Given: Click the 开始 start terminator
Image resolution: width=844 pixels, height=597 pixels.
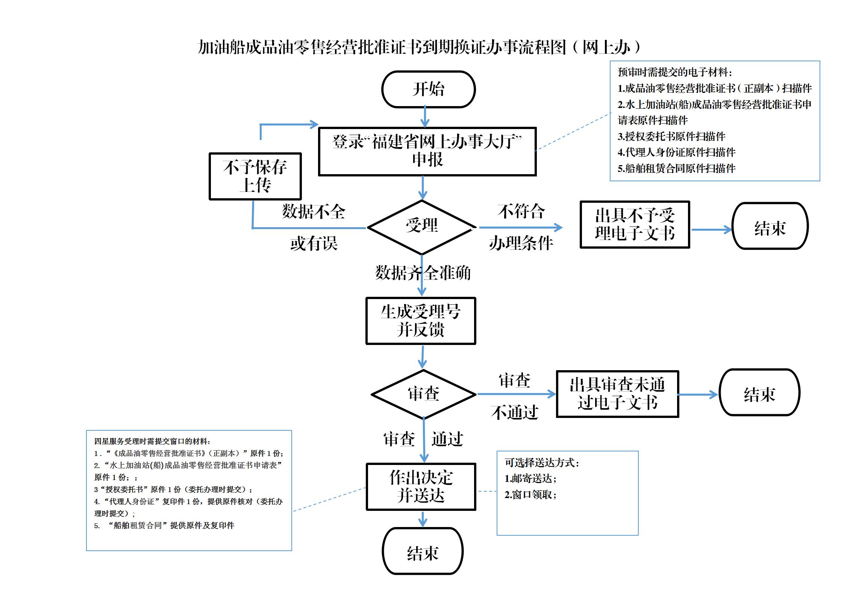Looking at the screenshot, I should (x=428, y=89).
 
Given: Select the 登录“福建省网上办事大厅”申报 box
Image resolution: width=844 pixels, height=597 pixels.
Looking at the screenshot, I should (x=427, y=151).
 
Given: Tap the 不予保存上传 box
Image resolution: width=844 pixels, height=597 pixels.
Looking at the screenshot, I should (x=255, y=176).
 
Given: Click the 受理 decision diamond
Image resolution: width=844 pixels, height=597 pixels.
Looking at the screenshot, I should (x=421, y=226).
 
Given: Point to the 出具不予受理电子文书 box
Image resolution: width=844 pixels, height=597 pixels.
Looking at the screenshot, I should (x=635, y=225).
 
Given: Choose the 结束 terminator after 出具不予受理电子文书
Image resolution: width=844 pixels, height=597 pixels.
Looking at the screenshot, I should (x=770, y=226).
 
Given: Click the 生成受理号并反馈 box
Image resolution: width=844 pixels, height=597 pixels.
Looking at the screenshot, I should (x=421, y=321).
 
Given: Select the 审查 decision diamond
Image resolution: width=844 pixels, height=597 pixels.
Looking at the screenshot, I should (x=423, y=394).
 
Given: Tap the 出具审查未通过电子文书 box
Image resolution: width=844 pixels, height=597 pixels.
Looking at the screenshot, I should (x=617, y=394).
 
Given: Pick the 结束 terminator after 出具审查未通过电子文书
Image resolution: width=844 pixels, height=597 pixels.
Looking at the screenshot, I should (x=759, y=392).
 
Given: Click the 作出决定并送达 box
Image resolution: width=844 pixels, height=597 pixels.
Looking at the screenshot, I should (x=421, y=486).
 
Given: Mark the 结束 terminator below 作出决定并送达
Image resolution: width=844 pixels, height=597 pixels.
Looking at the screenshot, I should (x=423, y=552).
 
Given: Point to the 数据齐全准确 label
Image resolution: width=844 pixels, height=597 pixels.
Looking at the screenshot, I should (x=423, y=273).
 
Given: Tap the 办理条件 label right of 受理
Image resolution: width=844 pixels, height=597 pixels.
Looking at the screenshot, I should (x=521, y=243).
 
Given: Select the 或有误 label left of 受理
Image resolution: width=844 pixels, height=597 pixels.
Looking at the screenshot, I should (x=314, y=243).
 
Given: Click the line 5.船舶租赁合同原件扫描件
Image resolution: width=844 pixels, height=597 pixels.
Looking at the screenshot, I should (x=676, y=168).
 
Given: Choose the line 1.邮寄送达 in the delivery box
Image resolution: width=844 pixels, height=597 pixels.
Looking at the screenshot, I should (x=530, y=479).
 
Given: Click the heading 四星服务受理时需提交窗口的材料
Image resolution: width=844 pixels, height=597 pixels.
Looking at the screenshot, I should (x=152, y=441).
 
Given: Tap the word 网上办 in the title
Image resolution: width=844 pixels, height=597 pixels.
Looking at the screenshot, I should (x=606, y=48).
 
